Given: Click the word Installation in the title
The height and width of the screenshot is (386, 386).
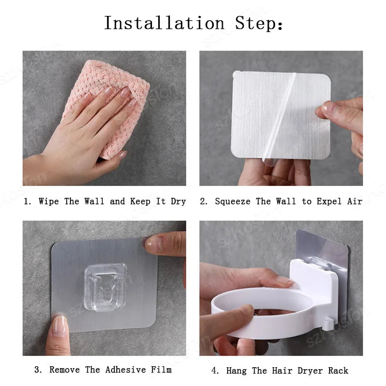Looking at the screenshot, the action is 164,23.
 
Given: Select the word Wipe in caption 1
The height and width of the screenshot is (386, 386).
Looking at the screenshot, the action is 49,201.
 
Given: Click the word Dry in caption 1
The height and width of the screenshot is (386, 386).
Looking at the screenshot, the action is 178,202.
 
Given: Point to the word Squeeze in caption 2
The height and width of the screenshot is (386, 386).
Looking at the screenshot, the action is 233,202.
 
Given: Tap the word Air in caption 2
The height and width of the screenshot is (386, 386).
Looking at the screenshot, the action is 355,201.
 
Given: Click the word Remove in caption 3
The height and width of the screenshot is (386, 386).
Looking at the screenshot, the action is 65,370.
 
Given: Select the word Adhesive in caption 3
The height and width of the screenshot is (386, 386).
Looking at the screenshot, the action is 125,370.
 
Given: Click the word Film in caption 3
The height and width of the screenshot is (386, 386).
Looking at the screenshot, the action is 161,370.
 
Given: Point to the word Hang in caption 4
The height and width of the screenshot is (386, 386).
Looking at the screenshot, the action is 236,371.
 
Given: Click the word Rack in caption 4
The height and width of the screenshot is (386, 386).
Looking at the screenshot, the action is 338,371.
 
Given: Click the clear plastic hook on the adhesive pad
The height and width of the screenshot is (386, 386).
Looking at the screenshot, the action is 106,287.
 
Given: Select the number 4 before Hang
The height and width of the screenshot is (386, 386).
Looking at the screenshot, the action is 214,371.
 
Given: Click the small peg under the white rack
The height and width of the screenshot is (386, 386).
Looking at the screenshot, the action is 328,324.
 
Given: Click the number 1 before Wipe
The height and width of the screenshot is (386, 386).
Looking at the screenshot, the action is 26,201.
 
